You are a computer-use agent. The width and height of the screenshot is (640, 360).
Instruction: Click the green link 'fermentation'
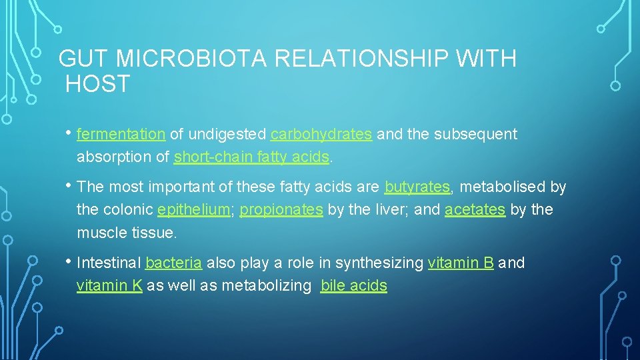tap(121, 134)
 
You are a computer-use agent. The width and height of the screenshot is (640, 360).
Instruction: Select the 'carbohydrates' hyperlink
tap(321, 134)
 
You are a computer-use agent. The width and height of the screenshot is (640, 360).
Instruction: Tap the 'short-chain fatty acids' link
tap(251, 157)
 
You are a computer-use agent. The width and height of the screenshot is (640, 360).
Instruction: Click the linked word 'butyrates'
tap(417, 187)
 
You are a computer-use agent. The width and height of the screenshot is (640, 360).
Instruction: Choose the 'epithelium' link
tap(193, 209)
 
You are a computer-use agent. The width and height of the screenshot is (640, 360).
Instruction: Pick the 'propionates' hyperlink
tap(281, 209)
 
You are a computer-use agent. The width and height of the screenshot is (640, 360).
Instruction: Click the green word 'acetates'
tap(475, 209)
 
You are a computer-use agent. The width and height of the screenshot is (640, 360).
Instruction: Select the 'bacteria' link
tap(173, 263)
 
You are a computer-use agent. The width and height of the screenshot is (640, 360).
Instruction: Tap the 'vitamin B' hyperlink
tap(461, 263)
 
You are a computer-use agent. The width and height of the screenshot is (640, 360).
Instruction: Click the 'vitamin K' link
tap(109, 285)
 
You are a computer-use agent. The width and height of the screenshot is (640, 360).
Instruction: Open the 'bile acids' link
tap(353, 285)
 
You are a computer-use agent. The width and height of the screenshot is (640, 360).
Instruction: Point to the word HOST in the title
tap(98, 85)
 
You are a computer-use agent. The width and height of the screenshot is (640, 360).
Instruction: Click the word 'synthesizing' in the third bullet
tap(379, 263)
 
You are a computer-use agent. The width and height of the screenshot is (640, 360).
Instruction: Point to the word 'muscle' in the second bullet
tap(99, 233)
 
